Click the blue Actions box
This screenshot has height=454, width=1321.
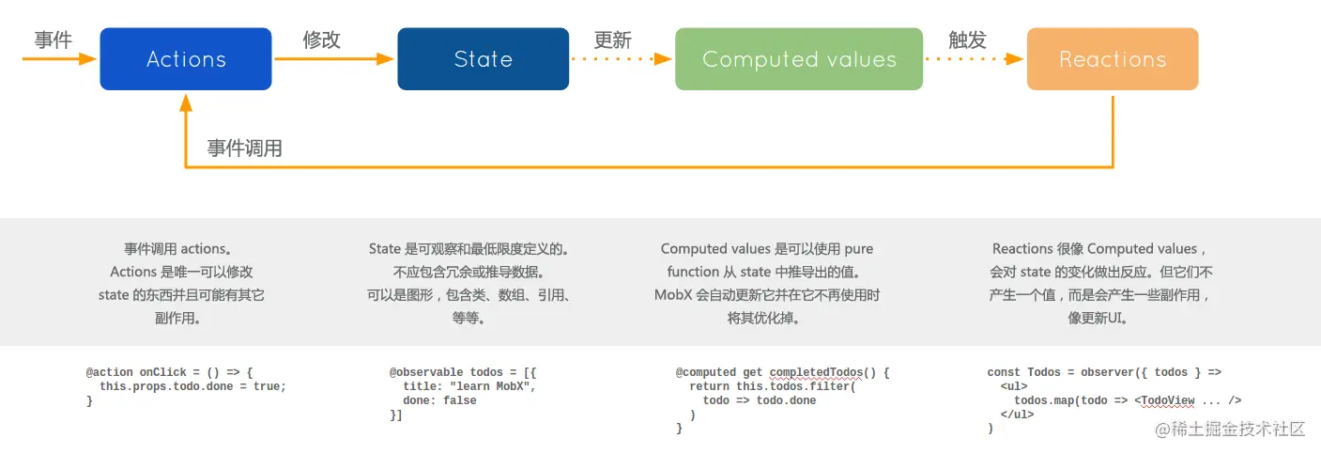coord(186,59)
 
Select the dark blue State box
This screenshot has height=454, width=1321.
coord(483,59)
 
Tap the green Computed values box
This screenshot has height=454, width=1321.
coord(799,59)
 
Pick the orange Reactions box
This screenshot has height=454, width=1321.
coord(1113,59)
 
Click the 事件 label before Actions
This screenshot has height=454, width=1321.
coord(54,39)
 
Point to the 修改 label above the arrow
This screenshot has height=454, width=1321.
coord(321,39)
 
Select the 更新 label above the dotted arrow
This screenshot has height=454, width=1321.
coord(612,40)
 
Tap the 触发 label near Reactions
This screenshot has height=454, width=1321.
coord(967,39)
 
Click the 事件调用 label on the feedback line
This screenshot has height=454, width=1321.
coord(245,149)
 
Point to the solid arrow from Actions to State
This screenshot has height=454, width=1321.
coord(333,59)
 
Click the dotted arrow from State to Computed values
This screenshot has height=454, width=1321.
coord(622,59)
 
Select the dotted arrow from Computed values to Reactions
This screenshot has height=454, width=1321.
coord(974,59)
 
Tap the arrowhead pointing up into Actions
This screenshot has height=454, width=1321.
coord(186,99)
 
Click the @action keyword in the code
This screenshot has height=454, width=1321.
coord(111,372)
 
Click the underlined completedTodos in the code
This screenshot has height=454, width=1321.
coord(819,372)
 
